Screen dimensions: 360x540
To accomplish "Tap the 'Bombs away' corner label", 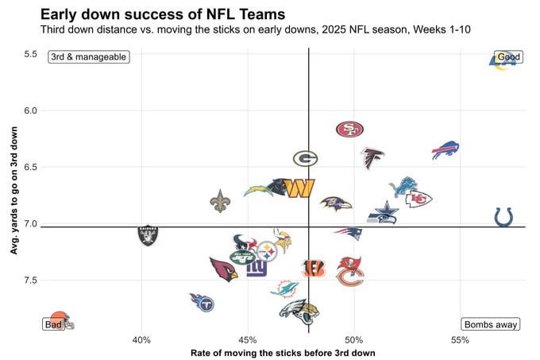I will click(x=490, y=324).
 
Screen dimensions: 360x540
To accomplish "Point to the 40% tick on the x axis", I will click(x=141, y=340).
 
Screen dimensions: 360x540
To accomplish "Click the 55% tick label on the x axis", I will click(x=460, y=340).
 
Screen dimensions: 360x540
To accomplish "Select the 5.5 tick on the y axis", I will click(x=31, y=54).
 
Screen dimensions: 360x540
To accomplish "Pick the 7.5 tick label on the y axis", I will click(x=31, y=280).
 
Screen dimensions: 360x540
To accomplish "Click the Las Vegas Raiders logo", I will click(x=148, y=234).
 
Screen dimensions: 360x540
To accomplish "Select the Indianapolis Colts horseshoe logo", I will click(x=503, y=216).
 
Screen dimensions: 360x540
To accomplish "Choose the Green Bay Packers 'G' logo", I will click(x=305, y=158).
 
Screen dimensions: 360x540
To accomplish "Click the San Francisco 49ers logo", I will click(x=349, y=130).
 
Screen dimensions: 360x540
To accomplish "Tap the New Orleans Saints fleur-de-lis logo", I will click(x=220, y=201).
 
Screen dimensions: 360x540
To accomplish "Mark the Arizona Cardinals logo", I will click(x=223, y=269).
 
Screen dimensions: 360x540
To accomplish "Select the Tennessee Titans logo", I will click(x=202, y=302).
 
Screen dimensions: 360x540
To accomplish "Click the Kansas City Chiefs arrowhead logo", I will click(x=418, y=199).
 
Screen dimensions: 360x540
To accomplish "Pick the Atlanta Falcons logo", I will click(x=372, y=158).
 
